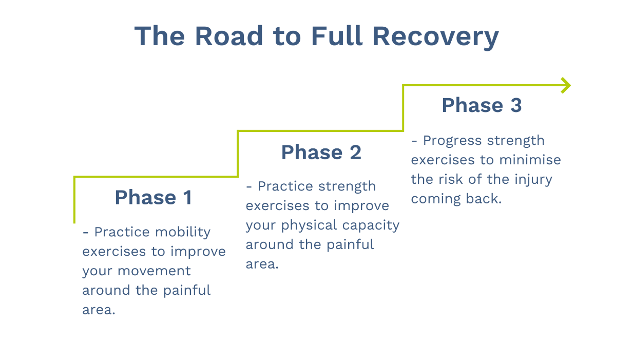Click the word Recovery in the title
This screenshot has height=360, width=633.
click(435, 36)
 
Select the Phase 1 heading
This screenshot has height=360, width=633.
click(153, 197)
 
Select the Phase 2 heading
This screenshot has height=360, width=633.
click(321, 152)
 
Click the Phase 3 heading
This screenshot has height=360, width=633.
click(482, 105)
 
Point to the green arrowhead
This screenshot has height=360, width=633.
click(566, 85)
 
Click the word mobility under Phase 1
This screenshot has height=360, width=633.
click(183, 232)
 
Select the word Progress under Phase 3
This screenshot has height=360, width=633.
click(453, 141)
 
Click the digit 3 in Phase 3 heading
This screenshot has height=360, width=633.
click(515, 105)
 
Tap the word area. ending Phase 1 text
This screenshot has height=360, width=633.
click(99, 310)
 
